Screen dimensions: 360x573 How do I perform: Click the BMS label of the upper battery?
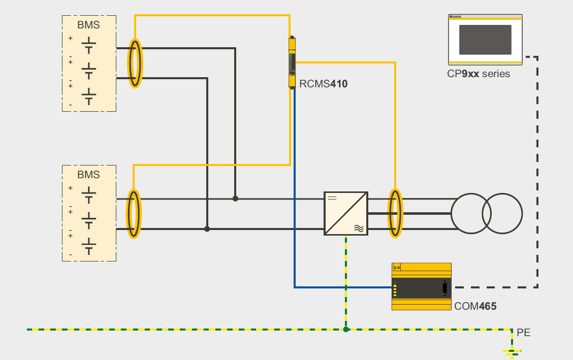point(88,25)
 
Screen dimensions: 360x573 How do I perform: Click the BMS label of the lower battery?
point(88,175)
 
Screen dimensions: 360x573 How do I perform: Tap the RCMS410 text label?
point(324,84)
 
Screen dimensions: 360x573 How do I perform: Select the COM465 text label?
point(475,306)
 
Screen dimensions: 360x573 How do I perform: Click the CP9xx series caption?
point(479,74)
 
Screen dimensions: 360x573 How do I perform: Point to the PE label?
point(524,333)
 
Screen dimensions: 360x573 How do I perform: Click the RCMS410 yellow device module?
point(292,62)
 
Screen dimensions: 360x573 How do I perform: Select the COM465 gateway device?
point(421,286)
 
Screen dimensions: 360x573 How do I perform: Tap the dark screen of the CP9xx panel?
point(485,40)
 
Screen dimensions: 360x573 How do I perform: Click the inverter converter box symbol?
point(346,213)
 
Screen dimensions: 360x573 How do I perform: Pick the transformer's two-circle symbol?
point(487,213)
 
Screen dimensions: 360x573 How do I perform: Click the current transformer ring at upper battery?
point(135,63)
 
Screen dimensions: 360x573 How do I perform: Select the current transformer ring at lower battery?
point(133,213)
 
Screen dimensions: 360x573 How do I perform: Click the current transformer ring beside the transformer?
point(395,213)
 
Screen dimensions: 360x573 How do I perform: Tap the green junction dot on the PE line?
point(346,330)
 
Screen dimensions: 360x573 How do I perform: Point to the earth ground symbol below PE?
point(512,352)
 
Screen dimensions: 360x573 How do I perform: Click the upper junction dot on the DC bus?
point(235,199)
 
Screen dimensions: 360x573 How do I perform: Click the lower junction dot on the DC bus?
point(207,229)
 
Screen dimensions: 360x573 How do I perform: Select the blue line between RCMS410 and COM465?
point(295,203)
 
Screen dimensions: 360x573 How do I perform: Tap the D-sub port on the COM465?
point(445,288)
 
